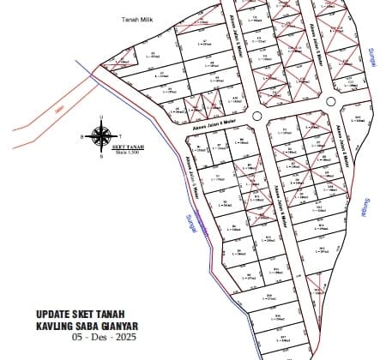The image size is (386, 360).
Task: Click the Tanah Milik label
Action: tap(136, 18)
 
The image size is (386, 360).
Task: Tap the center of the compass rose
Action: tap(101, 135)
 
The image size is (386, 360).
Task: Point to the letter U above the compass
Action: tap(101, 118)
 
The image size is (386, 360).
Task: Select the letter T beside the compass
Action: tap(119, 135)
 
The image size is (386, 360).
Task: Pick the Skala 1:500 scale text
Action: tap(127, 153)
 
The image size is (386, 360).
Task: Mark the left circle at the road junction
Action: tap(256, 115)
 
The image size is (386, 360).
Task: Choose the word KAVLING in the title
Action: tap(55, 326)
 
